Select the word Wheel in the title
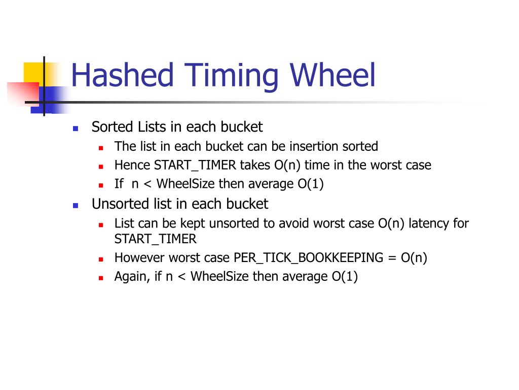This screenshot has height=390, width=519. pos(333,75)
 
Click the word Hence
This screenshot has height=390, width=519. pos(132,165)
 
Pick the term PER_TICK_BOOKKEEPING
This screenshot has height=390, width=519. pos(308,258)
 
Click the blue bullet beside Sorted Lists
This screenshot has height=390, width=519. pos(76,128)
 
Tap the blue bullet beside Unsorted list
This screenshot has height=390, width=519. pos(76,206)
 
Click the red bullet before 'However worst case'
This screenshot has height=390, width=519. pos(101,259)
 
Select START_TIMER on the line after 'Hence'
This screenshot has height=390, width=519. pos(195,165)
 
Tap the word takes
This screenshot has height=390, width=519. pos(255,165)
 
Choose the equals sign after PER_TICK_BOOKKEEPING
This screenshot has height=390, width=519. pos(392,258)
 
